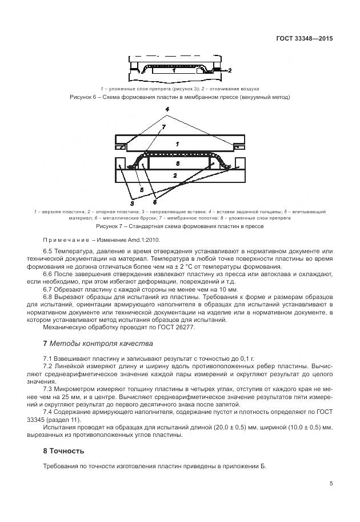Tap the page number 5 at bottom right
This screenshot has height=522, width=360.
[331, 484]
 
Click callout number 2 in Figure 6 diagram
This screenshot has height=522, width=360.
[229, 71]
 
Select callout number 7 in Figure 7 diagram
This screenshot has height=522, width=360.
[163, 126]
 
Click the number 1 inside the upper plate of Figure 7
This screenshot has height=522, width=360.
[178, 143]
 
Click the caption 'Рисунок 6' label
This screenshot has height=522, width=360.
[83, 97]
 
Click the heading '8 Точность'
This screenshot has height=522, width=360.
[63, 451]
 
